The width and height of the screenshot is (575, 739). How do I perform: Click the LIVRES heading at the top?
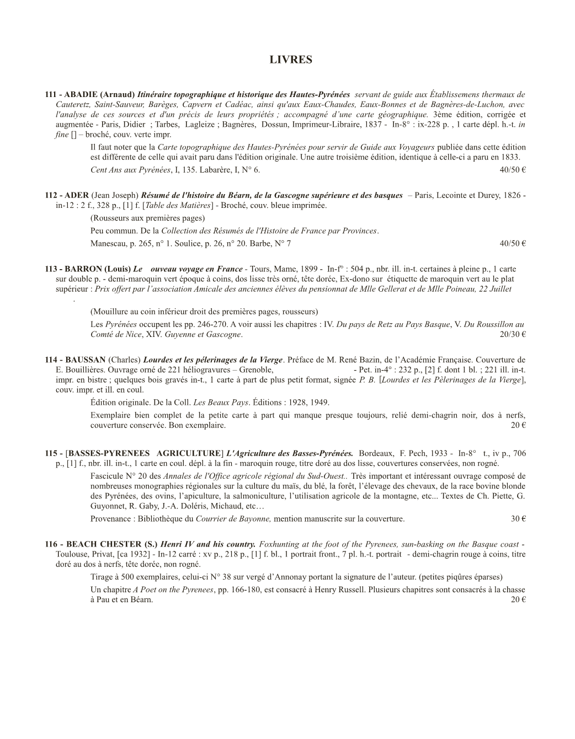tap(291, 60)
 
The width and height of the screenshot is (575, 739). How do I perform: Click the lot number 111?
tap(51, 94)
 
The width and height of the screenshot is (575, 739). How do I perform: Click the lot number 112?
tap(51, 195)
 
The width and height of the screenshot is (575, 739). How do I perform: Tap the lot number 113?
tap(51, 269)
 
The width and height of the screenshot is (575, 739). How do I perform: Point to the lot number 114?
tap(51, 360)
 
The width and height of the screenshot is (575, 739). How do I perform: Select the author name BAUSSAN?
tap(86, 360)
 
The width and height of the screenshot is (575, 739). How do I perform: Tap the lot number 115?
tap(51, 453)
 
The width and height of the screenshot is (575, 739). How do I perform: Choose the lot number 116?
tap(51, 544)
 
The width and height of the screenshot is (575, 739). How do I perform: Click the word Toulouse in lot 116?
tap(72, 554)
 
